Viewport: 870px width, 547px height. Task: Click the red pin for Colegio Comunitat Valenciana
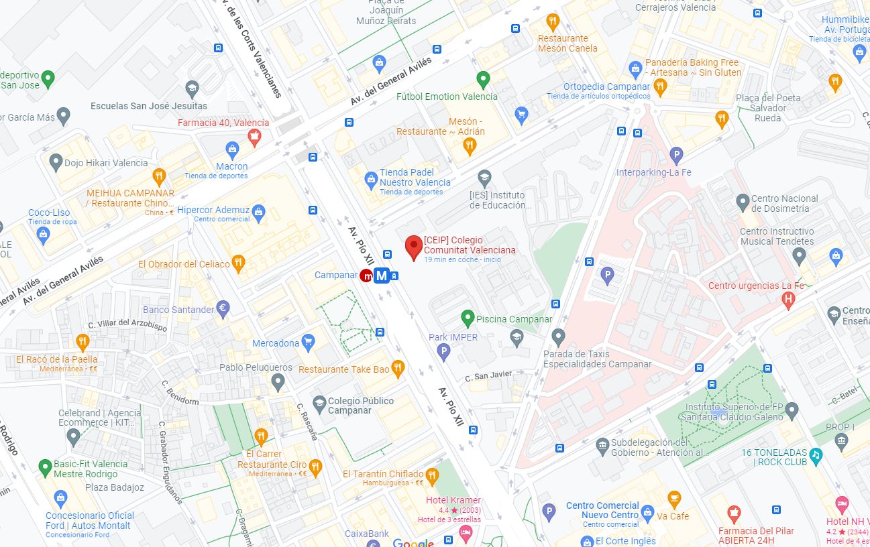[414, 247]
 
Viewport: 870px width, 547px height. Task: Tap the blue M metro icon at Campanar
[382, 276]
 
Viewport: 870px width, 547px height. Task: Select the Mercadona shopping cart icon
[308, 343]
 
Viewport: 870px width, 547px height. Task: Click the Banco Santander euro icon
[223, 309]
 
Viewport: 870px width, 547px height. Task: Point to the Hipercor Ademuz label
[213, 210]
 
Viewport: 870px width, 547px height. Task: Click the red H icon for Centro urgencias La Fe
[789, 300]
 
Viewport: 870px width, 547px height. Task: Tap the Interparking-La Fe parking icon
[677, 156]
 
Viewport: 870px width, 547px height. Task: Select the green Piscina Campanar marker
[468, 318]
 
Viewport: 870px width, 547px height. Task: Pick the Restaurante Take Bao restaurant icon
[398, 368]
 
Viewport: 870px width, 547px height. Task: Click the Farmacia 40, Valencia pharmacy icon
[254, 137]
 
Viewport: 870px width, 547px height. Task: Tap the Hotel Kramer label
[453, 500]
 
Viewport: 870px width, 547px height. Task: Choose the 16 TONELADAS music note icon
[816, 456]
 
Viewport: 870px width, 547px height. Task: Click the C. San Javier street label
[488, 375]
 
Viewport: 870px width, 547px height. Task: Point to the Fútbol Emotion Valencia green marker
[483, 78]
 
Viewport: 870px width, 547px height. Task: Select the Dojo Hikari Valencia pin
[56, 162]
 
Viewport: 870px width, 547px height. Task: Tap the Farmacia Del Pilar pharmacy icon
[734, 515]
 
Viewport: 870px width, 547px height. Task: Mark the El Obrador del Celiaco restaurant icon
[238, 263]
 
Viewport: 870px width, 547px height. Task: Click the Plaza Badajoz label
[115, 487]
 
